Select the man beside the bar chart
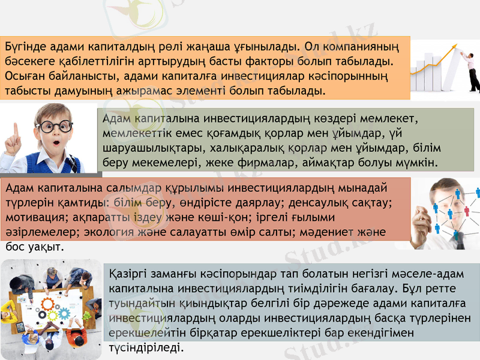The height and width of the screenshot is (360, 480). click(x=471, y=69)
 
